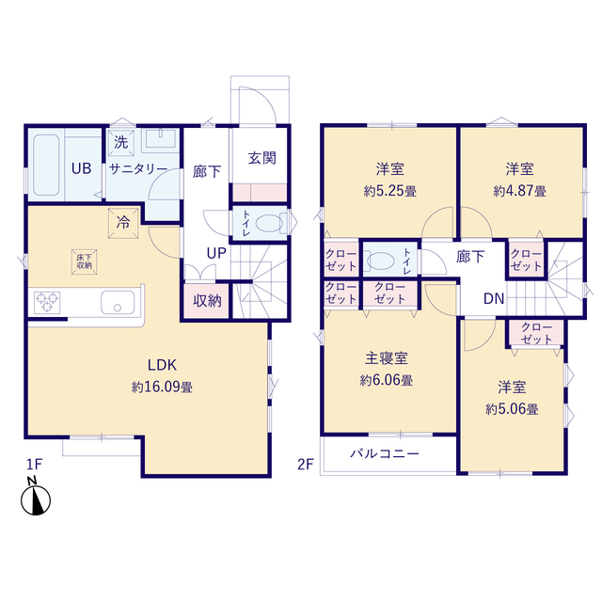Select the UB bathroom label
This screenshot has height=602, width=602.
pyautogui.click(x=82, y=169)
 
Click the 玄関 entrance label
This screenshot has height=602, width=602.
pyautogui.click(x=261, y=158)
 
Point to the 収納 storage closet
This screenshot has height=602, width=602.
pyautogui.click(x=208, y=301)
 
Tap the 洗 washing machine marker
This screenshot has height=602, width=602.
pyautogui.click(x=120, y=143)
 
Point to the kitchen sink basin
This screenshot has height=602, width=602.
pyautogui.click(x=119, y=304)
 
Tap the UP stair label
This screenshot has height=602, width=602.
pyautogui.click(x=215, y=253)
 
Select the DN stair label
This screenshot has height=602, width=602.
pyautogui.click(x=494, y=300)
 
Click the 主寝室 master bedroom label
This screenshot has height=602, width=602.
pyautogui.click(x=387, y=359)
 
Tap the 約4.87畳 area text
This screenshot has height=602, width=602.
pyautogui.click(x=519, y=190)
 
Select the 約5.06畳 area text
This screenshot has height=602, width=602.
pyautogui.click(x=512, y=408)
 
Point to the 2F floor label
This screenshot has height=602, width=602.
pyautogui.click(x=305, y=464)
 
